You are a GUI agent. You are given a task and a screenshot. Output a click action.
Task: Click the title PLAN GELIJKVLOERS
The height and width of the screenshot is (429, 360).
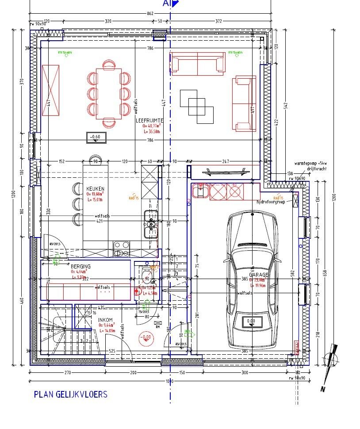(70, 395)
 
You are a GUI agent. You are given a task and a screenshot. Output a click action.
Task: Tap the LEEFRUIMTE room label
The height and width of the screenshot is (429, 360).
(150, 120)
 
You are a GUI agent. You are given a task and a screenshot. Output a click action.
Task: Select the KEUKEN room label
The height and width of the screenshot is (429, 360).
(95, 189)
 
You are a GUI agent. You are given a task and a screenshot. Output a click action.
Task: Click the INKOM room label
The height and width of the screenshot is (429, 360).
(105, 320)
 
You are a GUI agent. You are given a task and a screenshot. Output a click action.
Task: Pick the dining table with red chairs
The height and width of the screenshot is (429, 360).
(109, 92)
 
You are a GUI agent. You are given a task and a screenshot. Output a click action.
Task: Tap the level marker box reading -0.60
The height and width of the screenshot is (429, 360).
(96, 137)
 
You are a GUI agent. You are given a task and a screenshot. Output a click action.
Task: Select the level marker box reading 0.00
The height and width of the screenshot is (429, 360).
(251, 322)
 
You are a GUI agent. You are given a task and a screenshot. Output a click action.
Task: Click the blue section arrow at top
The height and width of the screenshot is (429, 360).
(174, 4)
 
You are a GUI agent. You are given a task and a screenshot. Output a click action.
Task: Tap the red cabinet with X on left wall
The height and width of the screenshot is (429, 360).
(50, 90)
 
